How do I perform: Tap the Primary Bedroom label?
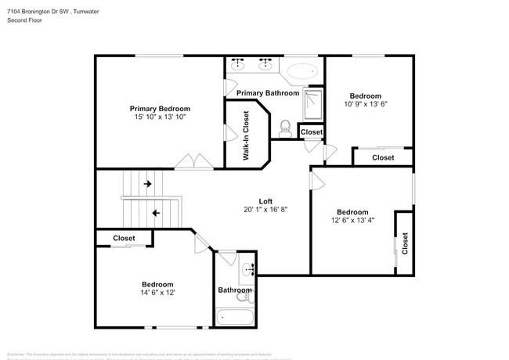pos(160,109)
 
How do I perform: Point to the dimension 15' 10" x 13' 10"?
pos(160,117)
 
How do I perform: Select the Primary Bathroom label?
pos(268,93)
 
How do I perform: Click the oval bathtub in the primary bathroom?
pos(301,72)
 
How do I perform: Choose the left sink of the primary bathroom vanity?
pos(238,64)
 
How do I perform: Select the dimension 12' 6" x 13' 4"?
pos(352,221)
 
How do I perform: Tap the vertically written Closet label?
pos(405,244)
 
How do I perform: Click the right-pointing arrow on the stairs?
pos(147,185)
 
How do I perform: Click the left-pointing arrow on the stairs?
pos(156,212)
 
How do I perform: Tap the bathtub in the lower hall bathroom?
pos(235,318)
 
